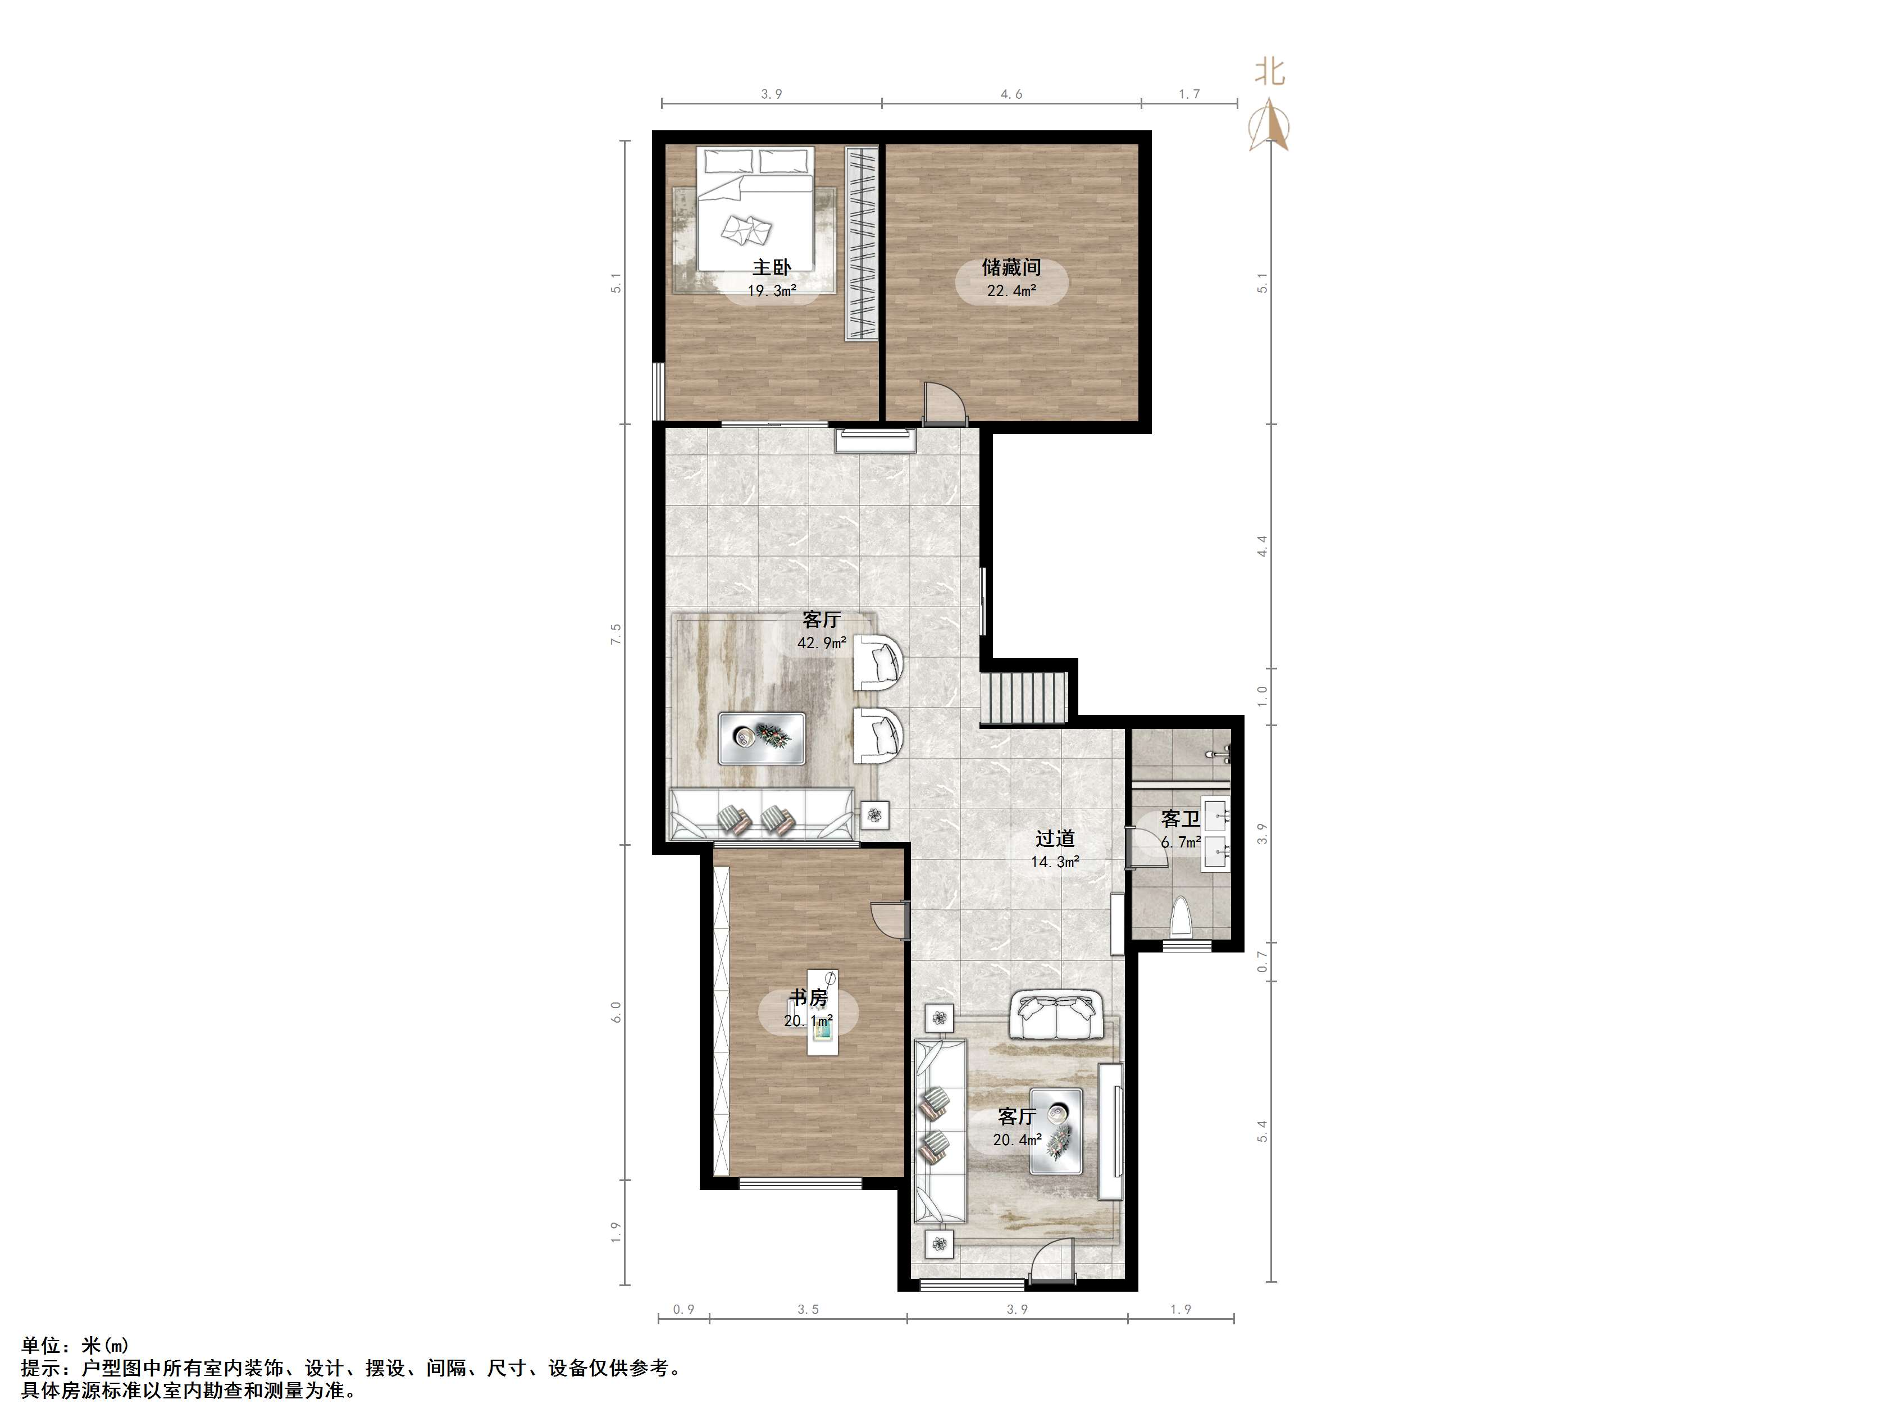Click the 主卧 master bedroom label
click(x=772, y=267)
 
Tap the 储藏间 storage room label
click(x=1011, y=267)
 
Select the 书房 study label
click(x=808, y=998)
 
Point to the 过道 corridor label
click(x=1054, y=838)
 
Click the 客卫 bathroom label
click(x=1181, y=819)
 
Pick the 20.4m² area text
click(x=1018, y=1140)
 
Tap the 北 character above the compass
click(x=1270, y=71)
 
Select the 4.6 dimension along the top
click(x=1011, y=94)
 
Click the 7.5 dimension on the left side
click(x=616, y=634)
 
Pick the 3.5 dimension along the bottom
click(x=808, y=1309)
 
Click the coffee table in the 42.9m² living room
click(x=762, y=738)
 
